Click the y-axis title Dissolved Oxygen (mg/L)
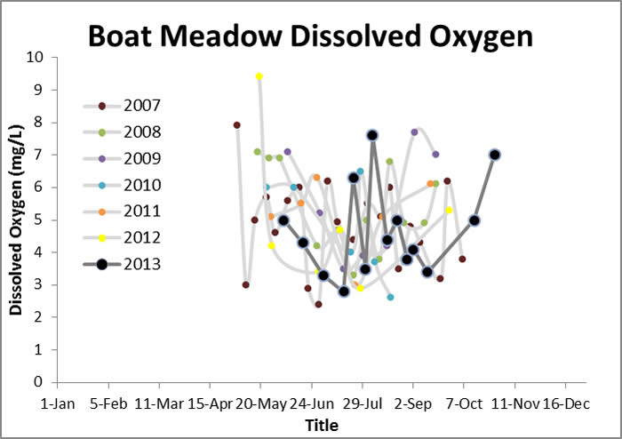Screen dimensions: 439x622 [x=16, y=219]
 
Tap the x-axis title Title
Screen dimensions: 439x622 [x=321, y=426]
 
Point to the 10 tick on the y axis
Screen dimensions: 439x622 [x=35, y=57]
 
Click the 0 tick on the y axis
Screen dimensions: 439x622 [x=39, y=382]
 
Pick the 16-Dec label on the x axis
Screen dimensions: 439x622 [x=565, y=403]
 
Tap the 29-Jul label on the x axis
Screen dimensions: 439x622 [x=363, y=403]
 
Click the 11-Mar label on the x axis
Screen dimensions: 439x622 [x=159, y=403]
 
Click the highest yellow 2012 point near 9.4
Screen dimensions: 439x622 [x=259, y=76]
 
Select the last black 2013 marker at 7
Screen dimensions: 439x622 [x=495, y=155]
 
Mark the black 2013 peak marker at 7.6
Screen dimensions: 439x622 [x=372, y=135]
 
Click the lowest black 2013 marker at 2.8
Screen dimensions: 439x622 [x=344, y=291]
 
